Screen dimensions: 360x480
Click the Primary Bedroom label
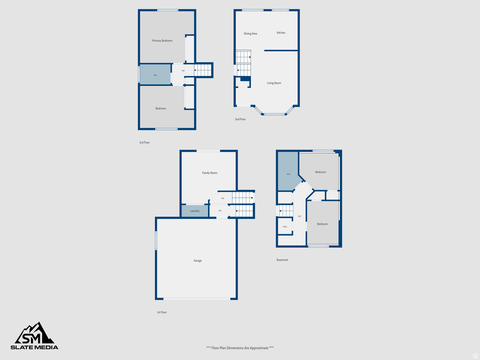162,41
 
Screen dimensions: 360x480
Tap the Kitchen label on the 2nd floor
281,33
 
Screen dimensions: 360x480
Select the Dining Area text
250,34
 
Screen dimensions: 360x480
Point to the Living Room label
274,83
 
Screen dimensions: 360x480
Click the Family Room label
210,173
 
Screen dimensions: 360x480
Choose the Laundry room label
195,211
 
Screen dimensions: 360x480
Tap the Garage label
198,261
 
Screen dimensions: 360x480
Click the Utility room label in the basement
285,227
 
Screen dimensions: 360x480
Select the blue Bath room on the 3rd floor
155,75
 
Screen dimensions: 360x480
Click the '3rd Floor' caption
144,142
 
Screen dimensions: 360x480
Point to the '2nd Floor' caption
240,120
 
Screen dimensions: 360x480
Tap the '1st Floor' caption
162,312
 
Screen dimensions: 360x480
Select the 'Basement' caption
282,260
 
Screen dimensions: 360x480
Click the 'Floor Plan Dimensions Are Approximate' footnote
240,348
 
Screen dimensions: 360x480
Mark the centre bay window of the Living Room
274,114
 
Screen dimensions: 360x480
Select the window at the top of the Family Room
208,150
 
